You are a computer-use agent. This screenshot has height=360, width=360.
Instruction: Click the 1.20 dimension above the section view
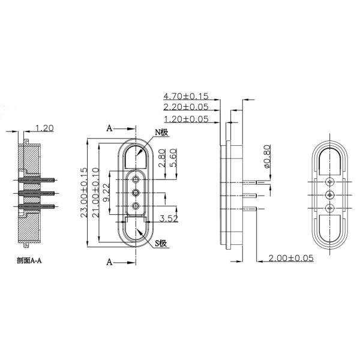click(x=46, y=128)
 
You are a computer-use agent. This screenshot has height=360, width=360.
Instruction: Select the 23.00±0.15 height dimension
click(x=83, y=194)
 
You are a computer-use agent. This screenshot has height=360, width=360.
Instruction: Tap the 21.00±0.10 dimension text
click(x=95, y=194)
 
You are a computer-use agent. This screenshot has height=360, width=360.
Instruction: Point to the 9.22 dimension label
click(x=106, y=193)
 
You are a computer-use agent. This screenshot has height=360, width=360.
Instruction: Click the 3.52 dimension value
click(x=169, y=219)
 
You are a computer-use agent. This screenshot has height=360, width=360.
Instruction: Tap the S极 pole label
click(x=161, y=243)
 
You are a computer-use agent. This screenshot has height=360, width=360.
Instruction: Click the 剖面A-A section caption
click(x=33, y=262)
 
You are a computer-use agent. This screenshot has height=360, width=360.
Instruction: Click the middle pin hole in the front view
click(x=136, y=192)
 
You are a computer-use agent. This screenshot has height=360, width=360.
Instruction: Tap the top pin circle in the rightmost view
click(x=329, y=181)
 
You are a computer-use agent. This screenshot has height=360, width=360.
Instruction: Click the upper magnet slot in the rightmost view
click(x=329, y=160)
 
